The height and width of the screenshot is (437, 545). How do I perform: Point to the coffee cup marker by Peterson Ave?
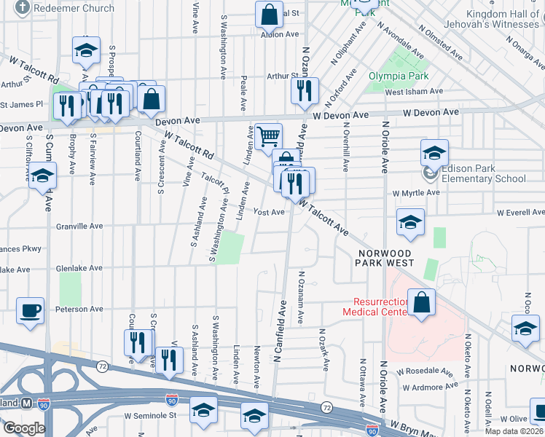[31, 311]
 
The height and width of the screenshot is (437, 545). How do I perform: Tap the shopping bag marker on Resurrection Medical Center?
[421, 302]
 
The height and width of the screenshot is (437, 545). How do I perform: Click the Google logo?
[24, 428]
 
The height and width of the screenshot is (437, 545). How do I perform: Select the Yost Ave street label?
[268, 212]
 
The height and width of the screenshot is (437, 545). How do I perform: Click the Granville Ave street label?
[79, 227]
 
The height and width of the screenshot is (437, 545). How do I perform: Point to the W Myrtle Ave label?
[416, 193]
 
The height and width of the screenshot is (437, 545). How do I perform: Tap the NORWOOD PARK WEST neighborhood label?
[385, 257]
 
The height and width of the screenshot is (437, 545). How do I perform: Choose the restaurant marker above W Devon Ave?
[304, 91]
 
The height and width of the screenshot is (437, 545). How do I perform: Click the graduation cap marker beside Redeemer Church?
[86, 50]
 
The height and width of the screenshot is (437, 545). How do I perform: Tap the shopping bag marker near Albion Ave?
[269, 14]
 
